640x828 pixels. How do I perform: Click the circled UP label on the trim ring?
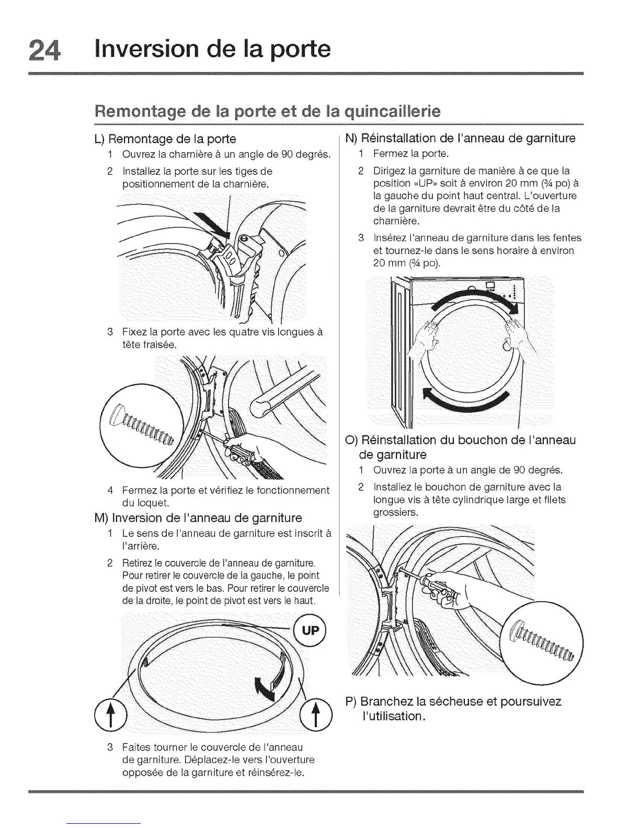310,631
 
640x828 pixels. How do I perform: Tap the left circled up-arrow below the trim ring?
110,714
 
